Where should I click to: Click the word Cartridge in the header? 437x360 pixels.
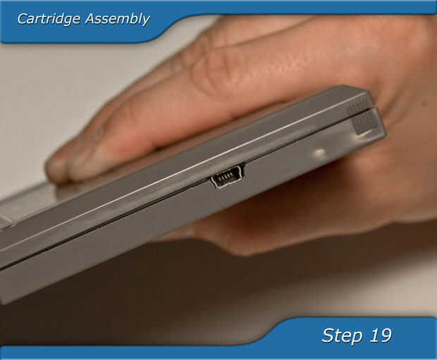point(49,19)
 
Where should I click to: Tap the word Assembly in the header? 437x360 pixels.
point(117,20)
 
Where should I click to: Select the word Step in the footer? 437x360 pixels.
point(342,336)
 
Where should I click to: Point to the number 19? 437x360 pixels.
point(381,335)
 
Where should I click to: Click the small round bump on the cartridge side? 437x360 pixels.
point(320,153)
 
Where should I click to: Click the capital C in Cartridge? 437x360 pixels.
point(23,19)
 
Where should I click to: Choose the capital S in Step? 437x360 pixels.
point(328,335)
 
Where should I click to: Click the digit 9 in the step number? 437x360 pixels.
point(386,335)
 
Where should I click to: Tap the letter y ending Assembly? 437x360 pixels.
point(145,21)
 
